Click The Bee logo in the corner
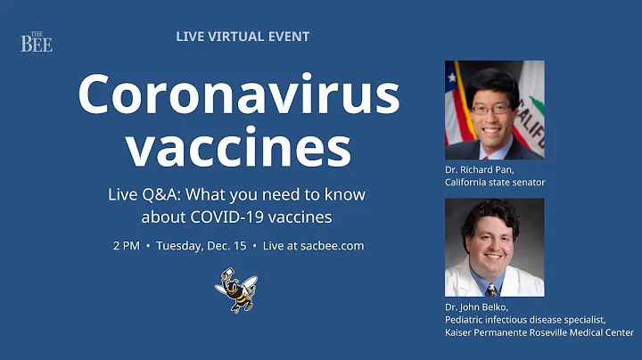[37, 42]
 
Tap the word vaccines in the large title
[238, 148]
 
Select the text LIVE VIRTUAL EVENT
[243, 37]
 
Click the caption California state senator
[495, 182]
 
